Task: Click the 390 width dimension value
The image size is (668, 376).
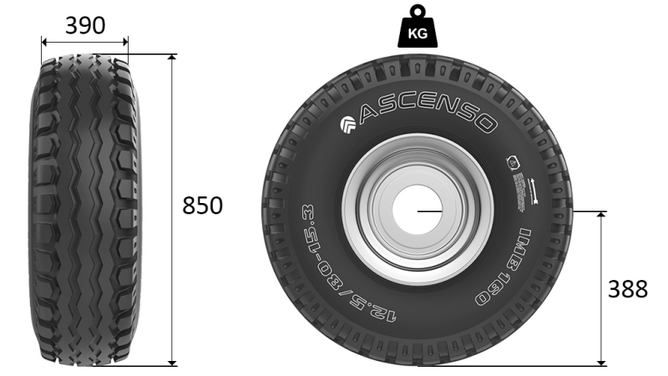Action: point(85,26)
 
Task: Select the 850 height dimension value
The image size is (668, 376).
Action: point(203,206)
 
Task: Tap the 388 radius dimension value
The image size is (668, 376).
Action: point(627,289)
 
